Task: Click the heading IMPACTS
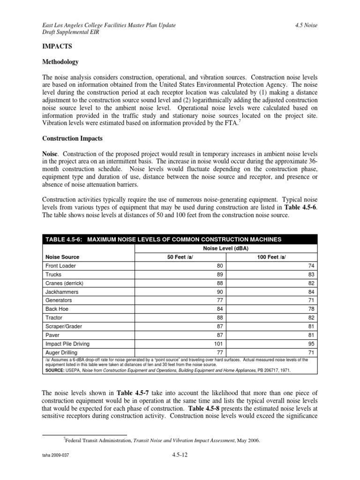click(58, 47)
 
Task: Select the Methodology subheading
click(60, 62)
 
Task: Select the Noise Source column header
click(62, 257)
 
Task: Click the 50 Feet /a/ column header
click(180, 257)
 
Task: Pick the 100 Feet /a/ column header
click(271, 257)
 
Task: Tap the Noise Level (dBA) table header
click(225, 248)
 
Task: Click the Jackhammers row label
click(61, 292)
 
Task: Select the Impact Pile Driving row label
click(67, 343)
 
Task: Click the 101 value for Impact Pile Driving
click(217, 343)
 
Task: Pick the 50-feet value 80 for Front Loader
click(218, 266)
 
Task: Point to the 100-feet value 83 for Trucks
click(310, 274)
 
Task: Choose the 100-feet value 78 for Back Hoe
click(310, 309)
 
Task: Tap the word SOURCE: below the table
click(57, 370)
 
